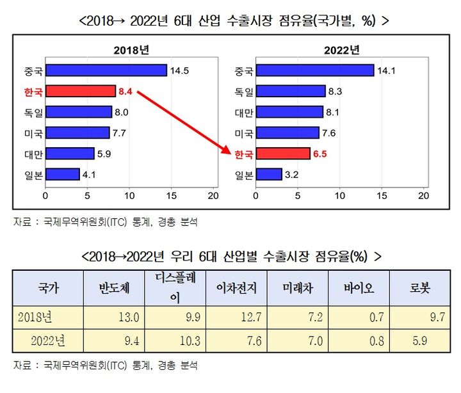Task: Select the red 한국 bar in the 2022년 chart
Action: click(282, 154)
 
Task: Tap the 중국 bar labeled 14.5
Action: click(106, 70)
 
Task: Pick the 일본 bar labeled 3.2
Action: click(268, 174)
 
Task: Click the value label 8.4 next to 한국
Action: click(125, 92)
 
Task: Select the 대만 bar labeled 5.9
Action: click(70, 154)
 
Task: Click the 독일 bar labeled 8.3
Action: click(289, 92)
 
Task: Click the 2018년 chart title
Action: click(130, 50)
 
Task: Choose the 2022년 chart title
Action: click(341, 50)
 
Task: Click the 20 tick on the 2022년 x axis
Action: click(423, 195)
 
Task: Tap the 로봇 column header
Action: click(420, 289)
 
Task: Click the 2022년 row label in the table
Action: click(48, 341)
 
